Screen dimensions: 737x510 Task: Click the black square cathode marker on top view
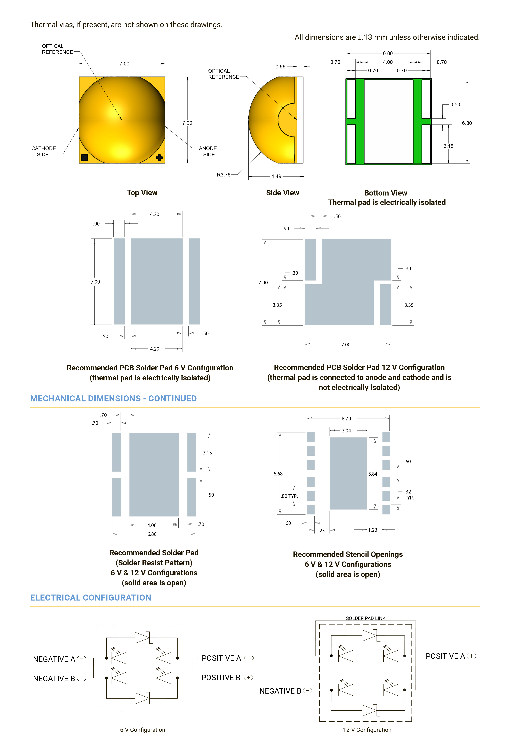pos(84,157)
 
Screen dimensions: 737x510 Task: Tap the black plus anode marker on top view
pos(159,157)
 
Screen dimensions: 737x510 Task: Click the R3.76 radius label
pos(223,174)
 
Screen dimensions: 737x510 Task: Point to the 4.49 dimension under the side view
pos(276,176)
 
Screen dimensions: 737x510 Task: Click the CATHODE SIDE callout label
pos(43,151)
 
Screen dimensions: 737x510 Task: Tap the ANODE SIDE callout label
pos(208,151)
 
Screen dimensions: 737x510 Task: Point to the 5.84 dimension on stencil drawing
pos(373,474)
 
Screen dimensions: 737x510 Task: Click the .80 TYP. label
pos(289,496)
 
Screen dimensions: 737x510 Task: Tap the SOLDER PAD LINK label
pos(366,618)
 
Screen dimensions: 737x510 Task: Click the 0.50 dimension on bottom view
pos(455,104)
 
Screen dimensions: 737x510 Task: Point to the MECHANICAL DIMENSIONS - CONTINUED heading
pos(113,398)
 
